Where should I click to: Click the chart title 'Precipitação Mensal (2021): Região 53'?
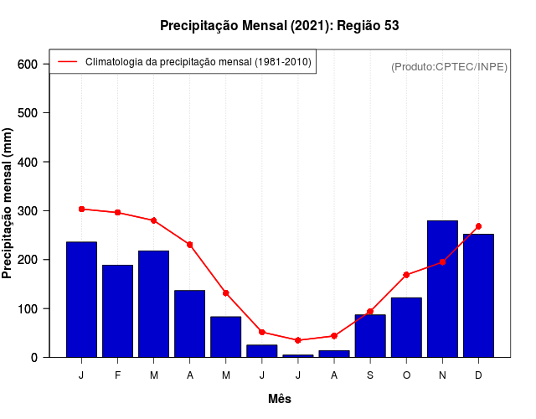[x=280, y=26]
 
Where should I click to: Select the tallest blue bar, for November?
[x=442, y=289]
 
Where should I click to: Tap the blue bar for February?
[x=117, y=311]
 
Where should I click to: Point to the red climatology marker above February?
[x=117, y=212]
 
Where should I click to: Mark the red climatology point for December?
[x=478, y=226]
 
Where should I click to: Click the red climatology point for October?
[x=406, y=275]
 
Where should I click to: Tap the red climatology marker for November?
[x=442, y=262]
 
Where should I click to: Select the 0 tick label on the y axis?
[x=33, y=357]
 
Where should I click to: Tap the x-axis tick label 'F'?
[x=117, y=375]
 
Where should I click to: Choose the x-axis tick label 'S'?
[x=370, y=375]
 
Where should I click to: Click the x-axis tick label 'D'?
[x=478, y=375]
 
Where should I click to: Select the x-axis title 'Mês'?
[x=280, y=399]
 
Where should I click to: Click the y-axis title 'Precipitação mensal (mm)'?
[x=8, y=204]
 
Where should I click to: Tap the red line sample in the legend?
[x=67, y=62]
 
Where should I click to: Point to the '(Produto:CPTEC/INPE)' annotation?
[x=450, y=66]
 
